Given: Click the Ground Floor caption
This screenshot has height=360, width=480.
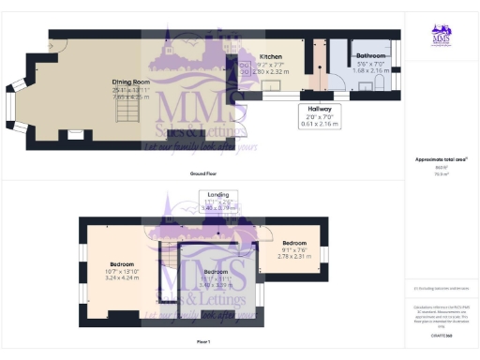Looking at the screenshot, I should [x=204, y=174].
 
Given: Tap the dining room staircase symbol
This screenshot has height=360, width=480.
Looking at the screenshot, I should [x=125, y=115].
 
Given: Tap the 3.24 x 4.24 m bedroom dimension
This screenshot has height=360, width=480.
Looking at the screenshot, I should [x=121, y=278].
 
